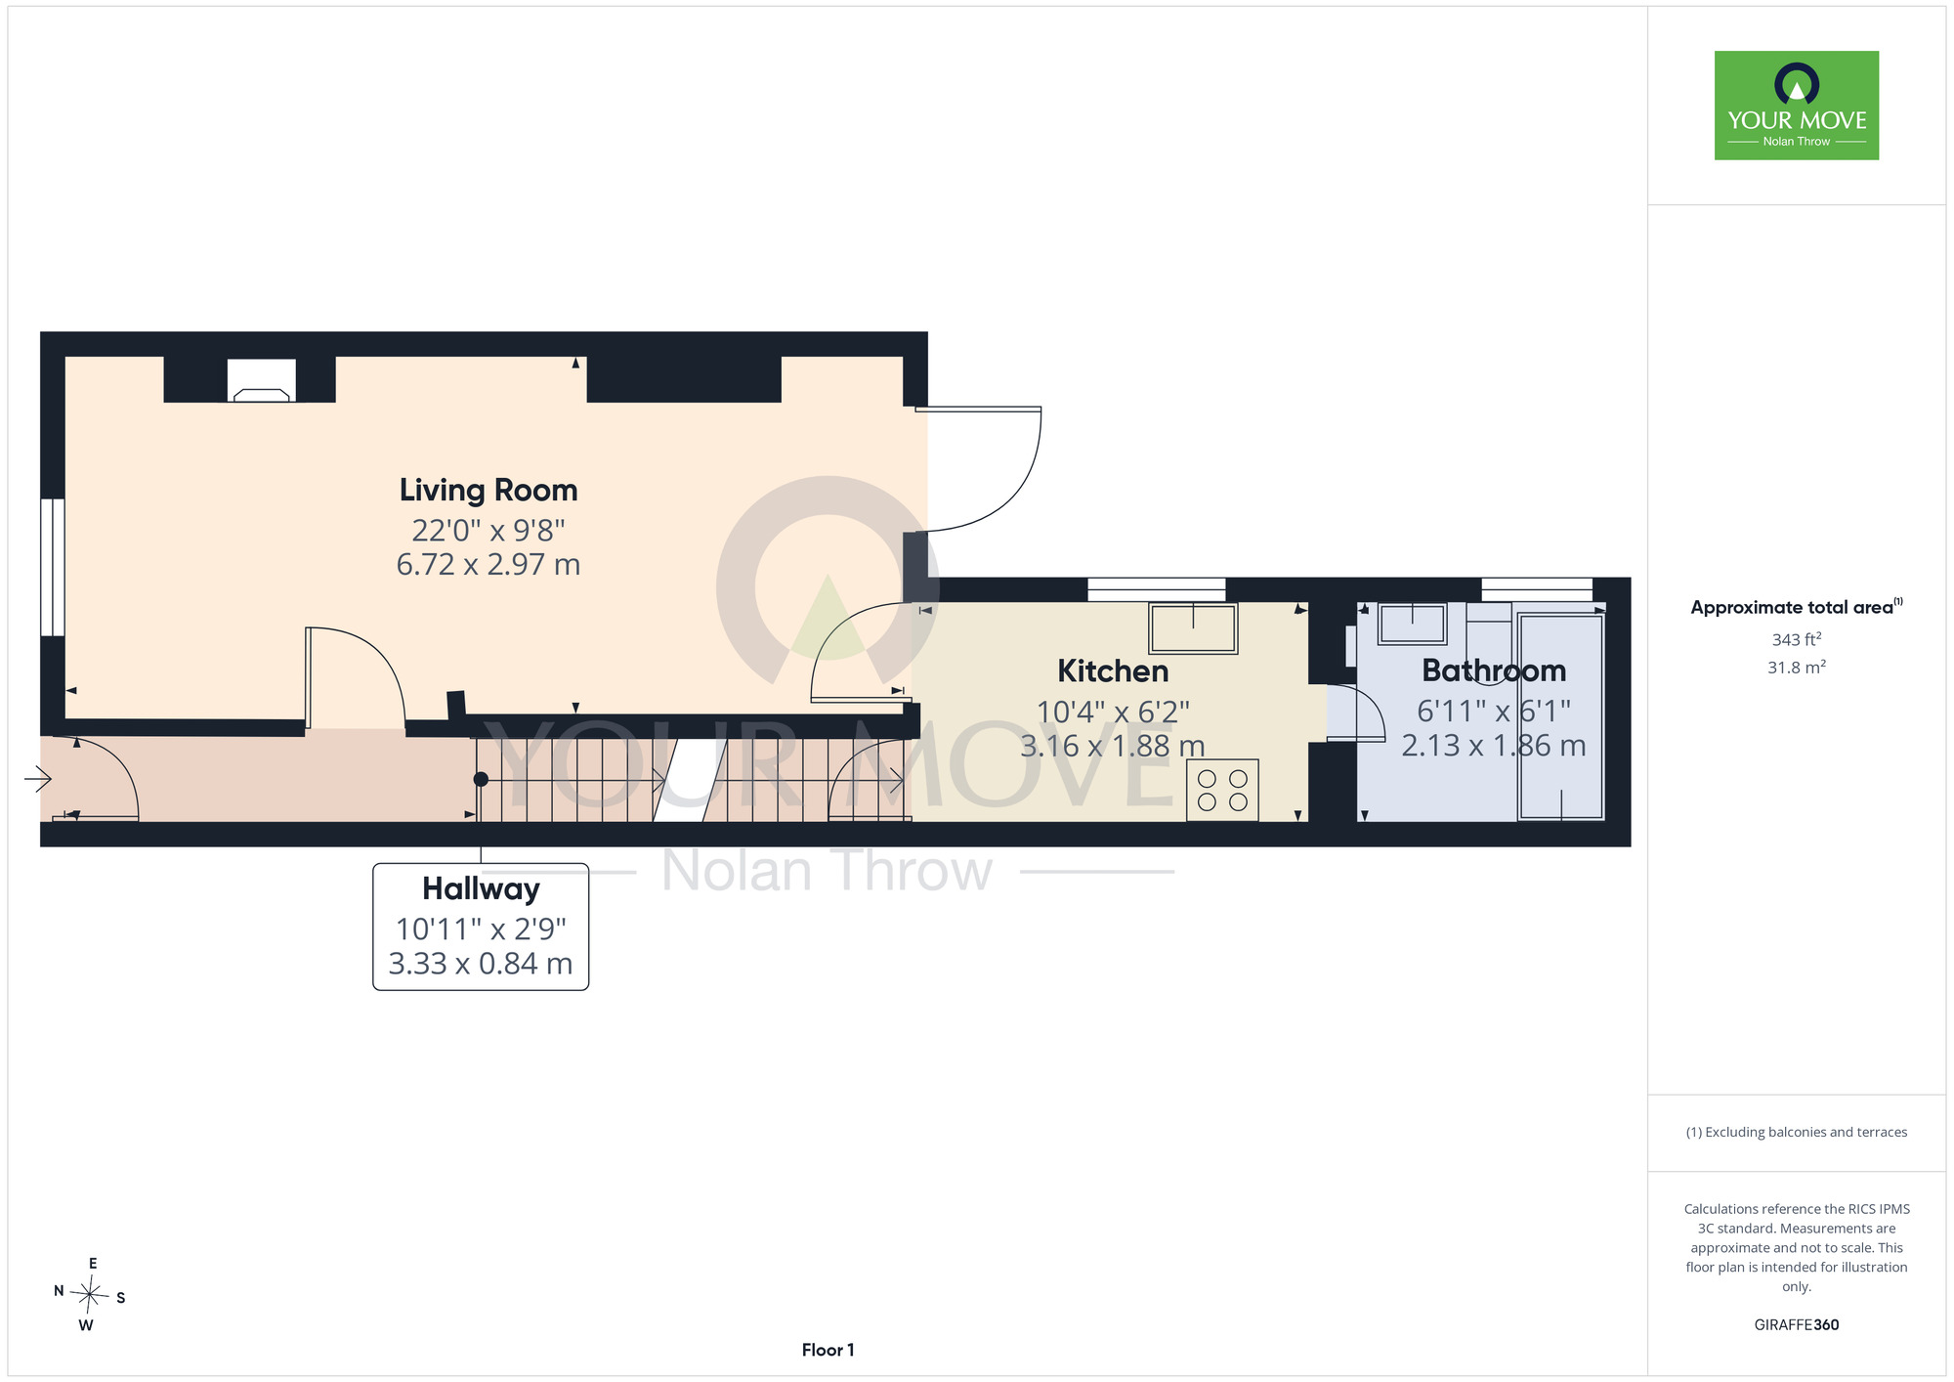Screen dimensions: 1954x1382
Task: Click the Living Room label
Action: click(x=488, y=491)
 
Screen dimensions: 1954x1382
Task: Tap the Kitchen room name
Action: click(x=1113, y=671)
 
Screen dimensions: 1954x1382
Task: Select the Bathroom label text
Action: click(x=1494, y=670)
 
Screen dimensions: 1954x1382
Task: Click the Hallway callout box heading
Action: click(x=481, y=889)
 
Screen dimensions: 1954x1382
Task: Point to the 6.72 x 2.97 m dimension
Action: click(x=488, y=565)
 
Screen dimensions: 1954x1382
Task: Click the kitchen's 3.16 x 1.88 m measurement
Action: click(x=1113, y=747)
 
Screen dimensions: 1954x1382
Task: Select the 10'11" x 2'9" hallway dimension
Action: click(x=481, y=929)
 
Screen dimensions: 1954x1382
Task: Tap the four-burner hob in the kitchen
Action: click(x=1222, y=791)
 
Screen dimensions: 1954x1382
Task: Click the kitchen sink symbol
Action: click(x=1193, y=627)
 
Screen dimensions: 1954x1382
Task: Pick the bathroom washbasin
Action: click(x=1412, y=624)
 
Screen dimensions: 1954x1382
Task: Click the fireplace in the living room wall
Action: click(x=262, y=380)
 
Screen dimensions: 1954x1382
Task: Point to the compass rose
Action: click(x=89, y=1296)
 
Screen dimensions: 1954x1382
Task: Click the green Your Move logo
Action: click(x=1797, y=106)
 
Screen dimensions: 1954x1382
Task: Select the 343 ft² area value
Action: click(x=1797, y=639)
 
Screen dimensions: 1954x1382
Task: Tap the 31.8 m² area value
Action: click(x=1797, y=668)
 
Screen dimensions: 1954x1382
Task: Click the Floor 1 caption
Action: click(x=828, y=1350)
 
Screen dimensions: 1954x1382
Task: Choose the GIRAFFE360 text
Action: click(x=1797, y=1325)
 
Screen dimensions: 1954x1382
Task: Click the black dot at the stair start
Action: click(x=481, y=780)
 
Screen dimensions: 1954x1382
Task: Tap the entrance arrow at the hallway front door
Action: click(x=38, y=779)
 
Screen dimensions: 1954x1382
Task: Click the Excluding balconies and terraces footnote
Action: click(x=1797, y=1132)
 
